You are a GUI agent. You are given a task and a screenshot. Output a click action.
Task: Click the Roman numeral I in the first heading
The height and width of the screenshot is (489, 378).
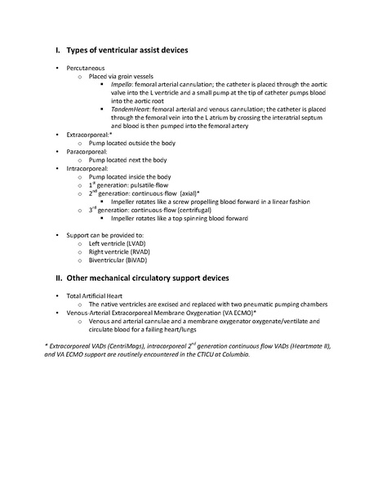point(47,51)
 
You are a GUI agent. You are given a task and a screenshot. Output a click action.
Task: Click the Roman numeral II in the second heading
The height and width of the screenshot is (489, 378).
point(47,278)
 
